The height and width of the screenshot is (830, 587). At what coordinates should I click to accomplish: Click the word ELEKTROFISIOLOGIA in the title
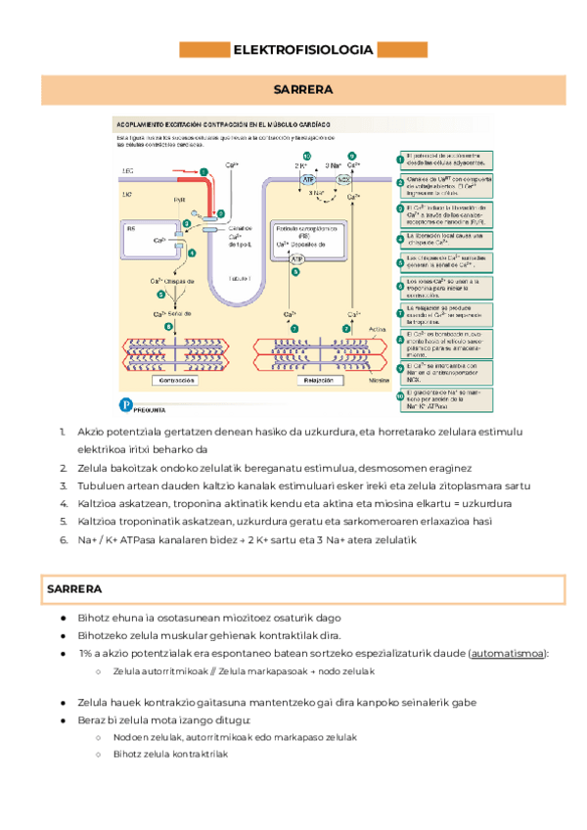pos(301,50)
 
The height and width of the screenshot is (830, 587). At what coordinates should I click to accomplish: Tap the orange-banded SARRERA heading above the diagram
pos(302,90)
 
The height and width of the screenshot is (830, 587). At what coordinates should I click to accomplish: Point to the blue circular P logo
pos(124,403)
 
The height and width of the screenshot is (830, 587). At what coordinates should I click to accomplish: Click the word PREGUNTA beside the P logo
pos(150,410)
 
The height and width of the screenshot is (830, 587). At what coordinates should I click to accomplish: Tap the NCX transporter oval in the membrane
pos(343,180)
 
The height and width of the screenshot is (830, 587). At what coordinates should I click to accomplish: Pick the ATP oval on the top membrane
pos(308,180)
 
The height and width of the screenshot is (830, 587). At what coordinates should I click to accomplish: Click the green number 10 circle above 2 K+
pos(306,157)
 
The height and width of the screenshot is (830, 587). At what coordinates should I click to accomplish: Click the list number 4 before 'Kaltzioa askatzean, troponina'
pos(63,503)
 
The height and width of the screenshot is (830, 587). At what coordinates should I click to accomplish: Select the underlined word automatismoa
pos(519,653)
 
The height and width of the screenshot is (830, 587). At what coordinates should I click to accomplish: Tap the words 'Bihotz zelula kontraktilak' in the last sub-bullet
pos(170,755)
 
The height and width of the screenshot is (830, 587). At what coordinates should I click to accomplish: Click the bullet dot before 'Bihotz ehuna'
pos(63,619)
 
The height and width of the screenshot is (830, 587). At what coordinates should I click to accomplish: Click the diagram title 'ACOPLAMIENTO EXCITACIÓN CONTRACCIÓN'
pos(225,126)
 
